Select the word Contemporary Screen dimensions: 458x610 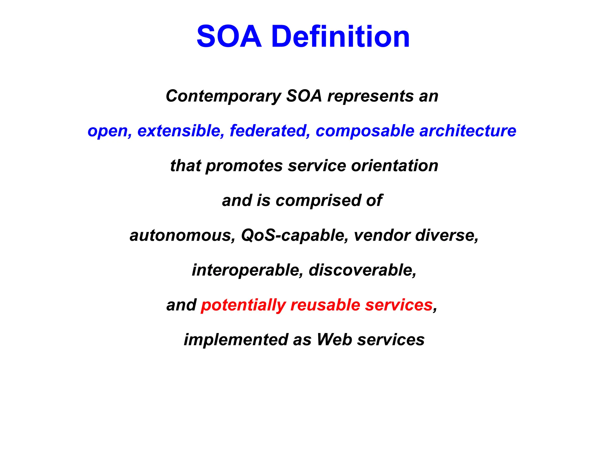(223, 96)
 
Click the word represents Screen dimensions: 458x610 (371, 96)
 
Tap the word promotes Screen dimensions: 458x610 (244, 166)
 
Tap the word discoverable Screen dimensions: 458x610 (362, 270)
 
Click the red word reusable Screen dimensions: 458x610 (325, 305)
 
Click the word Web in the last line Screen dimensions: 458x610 (334, 340)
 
